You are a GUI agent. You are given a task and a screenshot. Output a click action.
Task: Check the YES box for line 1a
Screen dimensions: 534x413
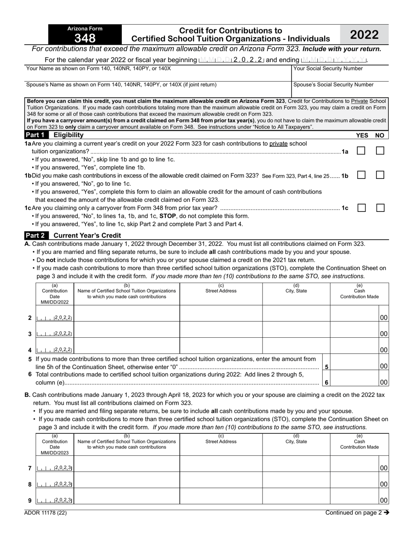(361, 151)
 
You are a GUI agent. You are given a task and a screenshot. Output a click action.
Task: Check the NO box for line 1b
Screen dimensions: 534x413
(380, 175)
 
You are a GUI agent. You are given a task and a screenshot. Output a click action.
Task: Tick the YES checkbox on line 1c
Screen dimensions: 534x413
(361, 208)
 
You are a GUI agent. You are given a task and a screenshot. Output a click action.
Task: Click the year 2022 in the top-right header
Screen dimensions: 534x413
(364, 35)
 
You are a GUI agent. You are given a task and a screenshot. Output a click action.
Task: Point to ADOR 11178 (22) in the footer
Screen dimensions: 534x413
(46, 513)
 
